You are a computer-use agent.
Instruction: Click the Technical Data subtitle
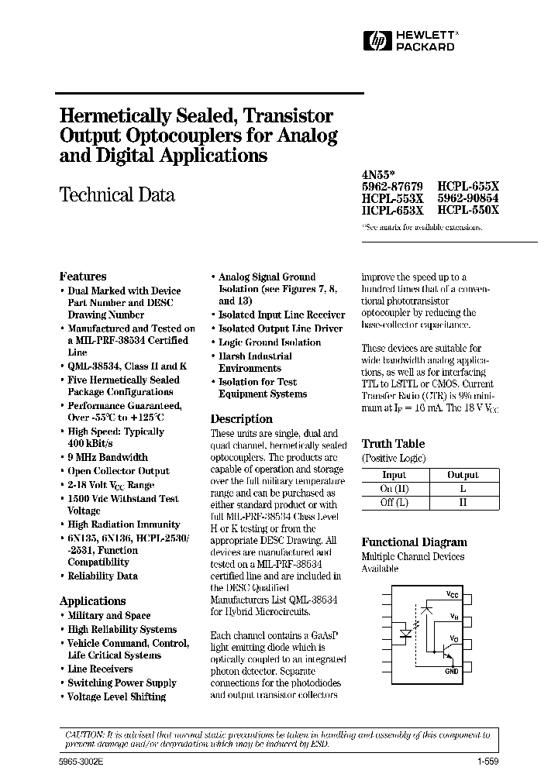[x=117, y=195]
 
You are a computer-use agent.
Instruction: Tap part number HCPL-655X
[x=468, y=187]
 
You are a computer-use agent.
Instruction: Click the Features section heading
[x=83, y=277]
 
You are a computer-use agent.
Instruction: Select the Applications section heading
[x=92, y=601]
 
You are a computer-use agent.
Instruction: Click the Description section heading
[x=242, y=419]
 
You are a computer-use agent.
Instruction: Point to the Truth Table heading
[x=393, y=444]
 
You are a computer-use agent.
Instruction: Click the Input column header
[x=394, y=475]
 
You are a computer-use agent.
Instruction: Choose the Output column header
[x=463, y=475]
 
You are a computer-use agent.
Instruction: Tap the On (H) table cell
[x=394, y=488]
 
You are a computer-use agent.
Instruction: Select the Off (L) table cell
[x=394, y=501]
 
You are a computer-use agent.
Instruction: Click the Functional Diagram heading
[x=413, y=542]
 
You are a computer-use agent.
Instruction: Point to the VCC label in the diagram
[x=453, y=593]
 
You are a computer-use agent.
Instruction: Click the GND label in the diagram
[x=452, y=671]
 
